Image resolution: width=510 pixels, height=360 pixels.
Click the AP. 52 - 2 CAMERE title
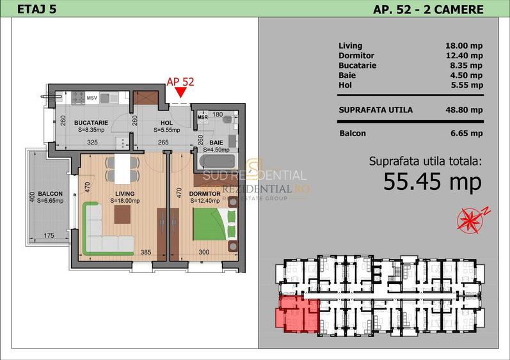pyautogui.click(x=428, y=9)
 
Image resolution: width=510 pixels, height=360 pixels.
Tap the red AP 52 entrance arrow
pyautogui.click(x=180, y=93)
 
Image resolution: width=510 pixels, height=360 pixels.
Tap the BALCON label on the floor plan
pyautogui.click(x=50, y=194)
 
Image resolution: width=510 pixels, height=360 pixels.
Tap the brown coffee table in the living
pyautogui.click(x=123, y=214)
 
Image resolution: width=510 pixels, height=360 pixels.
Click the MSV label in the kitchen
pyautogui.click(x=93, y=98)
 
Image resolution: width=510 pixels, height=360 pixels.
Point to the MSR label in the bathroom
pyautogui.click(x=203, y=118)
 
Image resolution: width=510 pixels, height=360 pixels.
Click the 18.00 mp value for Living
pyautogui.click(x=463, y=46)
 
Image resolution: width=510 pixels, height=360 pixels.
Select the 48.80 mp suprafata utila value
pyautogui.click(x=463, y=110)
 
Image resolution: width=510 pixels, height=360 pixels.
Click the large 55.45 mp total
pyautogui.click(x=432, y=182)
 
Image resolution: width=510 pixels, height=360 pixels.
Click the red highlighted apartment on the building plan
pyautogui.click(x=296, y=314)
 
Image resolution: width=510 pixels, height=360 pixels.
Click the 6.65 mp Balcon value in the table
pyautogui.click(x=463, y=134)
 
